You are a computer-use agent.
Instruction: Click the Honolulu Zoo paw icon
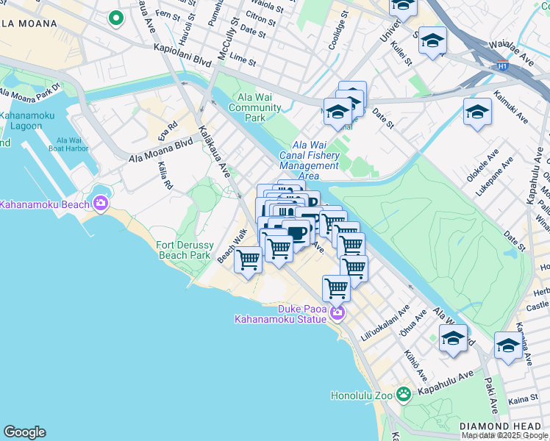[x=402, y=394]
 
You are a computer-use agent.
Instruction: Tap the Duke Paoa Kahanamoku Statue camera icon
[x=337, y=313]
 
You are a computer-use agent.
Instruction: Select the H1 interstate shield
[x=502, y=65]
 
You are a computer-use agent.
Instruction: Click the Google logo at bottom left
[x=24, y=432]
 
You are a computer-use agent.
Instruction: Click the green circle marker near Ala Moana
[x=115, y=18]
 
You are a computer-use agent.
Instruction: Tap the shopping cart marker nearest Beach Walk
[x=249, y=259]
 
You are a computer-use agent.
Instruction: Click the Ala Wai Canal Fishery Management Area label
[x=315, y=160]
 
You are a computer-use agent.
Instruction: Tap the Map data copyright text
[x=504, y=435]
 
